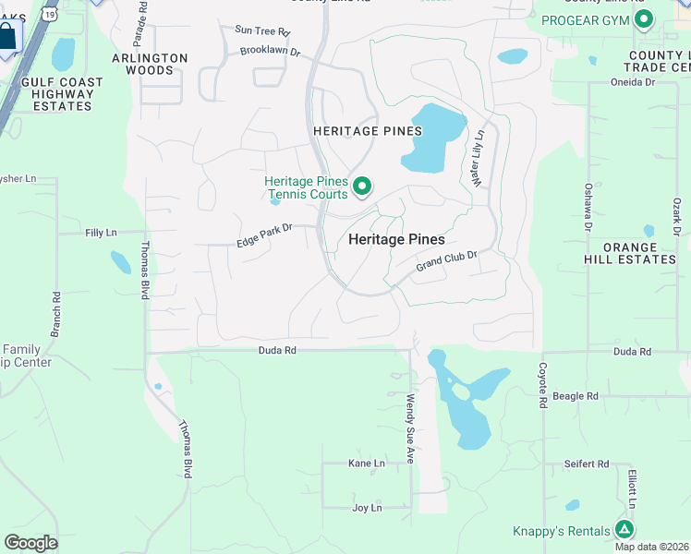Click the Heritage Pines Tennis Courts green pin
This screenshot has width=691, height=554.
363,187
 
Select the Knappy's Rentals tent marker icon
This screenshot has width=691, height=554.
625,529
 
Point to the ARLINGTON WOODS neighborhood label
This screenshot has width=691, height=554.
150,64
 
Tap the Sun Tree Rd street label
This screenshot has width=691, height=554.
262,31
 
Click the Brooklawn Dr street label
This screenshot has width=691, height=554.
271,52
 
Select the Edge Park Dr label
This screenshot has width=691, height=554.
264,235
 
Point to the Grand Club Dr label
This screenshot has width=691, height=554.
446,261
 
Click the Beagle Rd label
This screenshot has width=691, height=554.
576,395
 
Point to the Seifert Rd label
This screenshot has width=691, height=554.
588,464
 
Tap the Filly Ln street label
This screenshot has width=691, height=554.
102,233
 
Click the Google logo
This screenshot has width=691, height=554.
30,543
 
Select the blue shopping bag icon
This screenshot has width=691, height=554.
6,38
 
